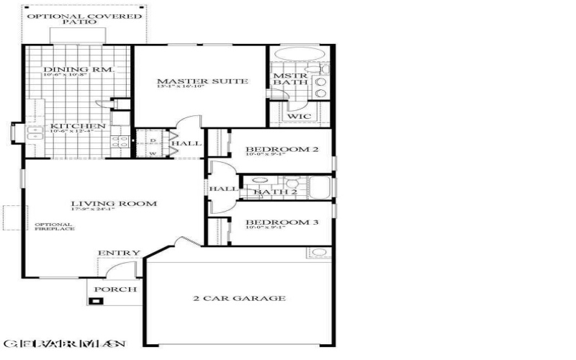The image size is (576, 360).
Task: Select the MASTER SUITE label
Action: [x=202, y=81]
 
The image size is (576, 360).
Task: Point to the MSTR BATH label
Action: [x=289, y=78]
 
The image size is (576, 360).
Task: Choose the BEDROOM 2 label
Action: [x=282, y=149]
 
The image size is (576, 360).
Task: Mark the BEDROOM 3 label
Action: [x=282, y=222]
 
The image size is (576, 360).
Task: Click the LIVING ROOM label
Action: [x=113, y=204]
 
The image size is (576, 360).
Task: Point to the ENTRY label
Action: [x=114, y=253]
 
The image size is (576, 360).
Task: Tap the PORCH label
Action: [x=112, y=290]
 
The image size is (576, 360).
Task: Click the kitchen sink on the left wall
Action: [x=35, y=132]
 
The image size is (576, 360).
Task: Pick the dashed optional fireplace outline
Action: [x=12, y=219]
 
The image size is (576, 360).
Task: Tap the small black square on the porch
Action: [x=93, y=301]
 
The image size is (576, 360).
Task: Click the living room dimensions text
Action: [x=113, y=210]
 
